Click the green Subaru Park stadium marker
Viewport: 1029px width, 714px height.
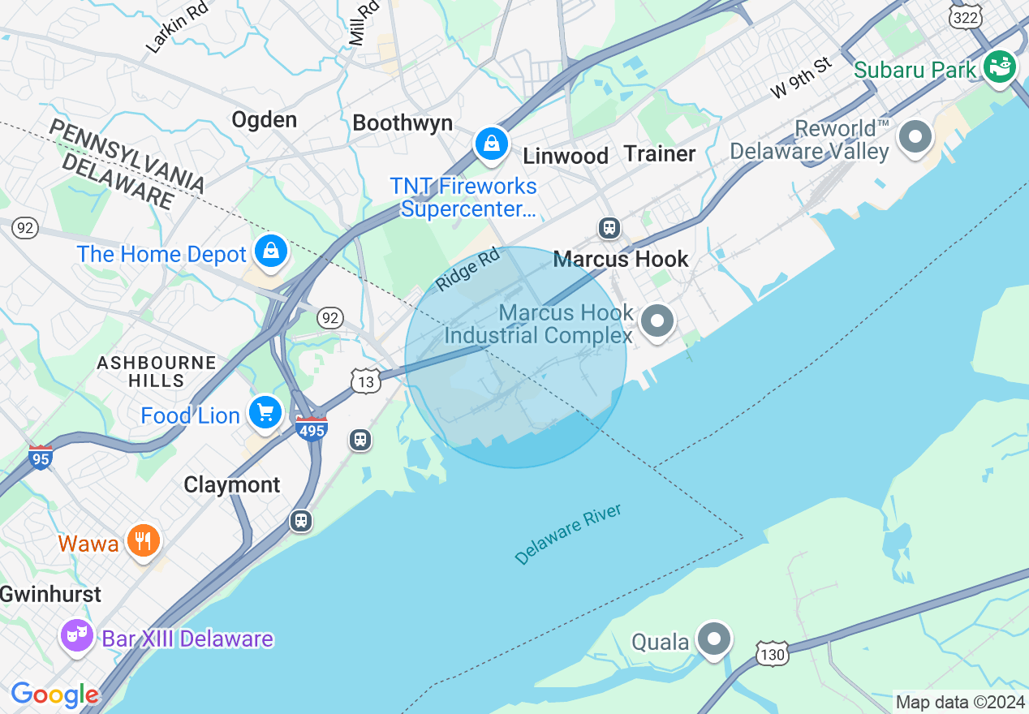pos(1000,67)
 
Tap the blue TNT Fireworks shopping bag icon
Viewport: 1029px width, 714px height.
pos(491,145)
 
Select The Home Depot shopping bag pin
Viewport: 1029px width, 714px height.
pos(271,252)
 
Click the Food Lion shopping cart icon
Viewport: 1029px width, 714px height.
pos(265,413)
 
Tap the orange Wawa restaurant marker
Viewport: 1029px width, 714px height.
pos(144,541)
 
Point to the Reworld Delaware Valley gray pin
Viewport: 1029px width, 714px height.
pos(915,137)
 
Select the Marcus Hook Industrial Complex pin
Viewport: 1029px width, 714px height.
pos(657,321)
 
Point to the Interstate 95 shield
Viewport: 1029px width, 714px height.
pos(40,458)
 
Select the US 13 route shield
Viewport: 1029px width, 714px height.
pos(366,381)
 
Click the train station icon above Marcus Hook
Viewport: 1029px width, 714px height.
pos(609,228)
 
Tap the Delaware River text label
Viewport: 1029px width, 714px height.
pos(568,534)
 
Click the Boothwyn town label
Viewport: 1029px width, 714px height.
pos(403,123)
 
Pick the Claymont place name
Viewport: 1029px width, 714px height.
pos(231,485)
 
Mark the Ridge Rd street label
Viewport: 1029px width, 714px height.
pos(468,270)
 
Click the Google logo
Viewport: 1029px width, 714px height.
pos(54,695)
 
